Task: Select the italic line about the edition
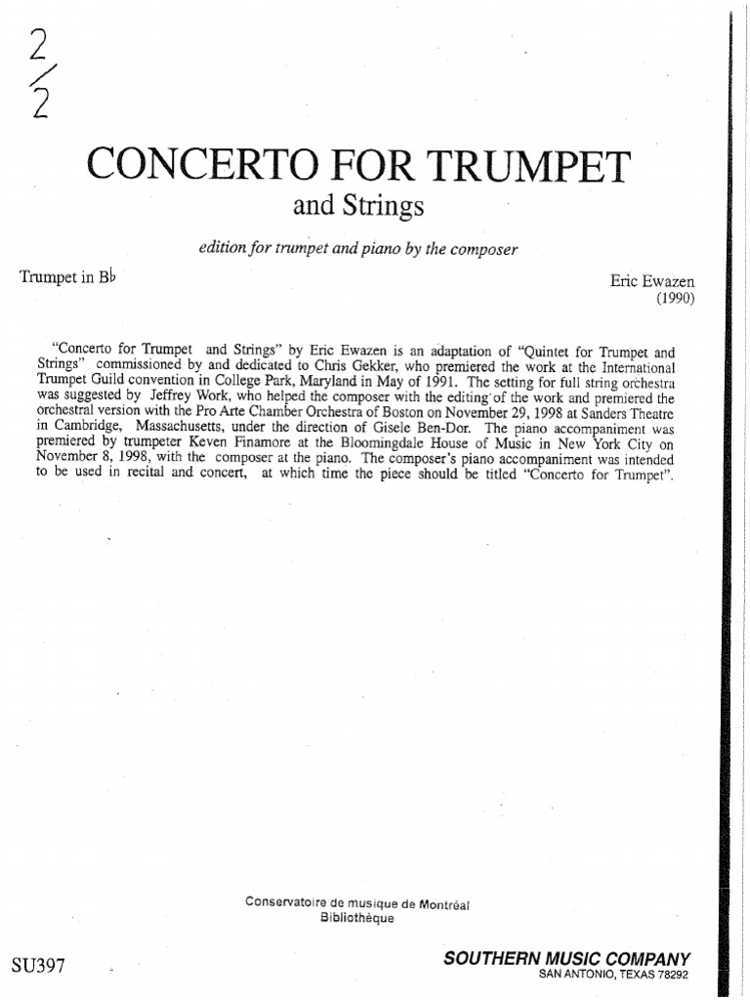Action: pos(356,249)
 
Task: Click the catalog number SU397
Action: pos(39,967)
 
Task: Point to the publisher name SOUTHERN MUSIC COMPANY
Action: pos(566,959)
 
